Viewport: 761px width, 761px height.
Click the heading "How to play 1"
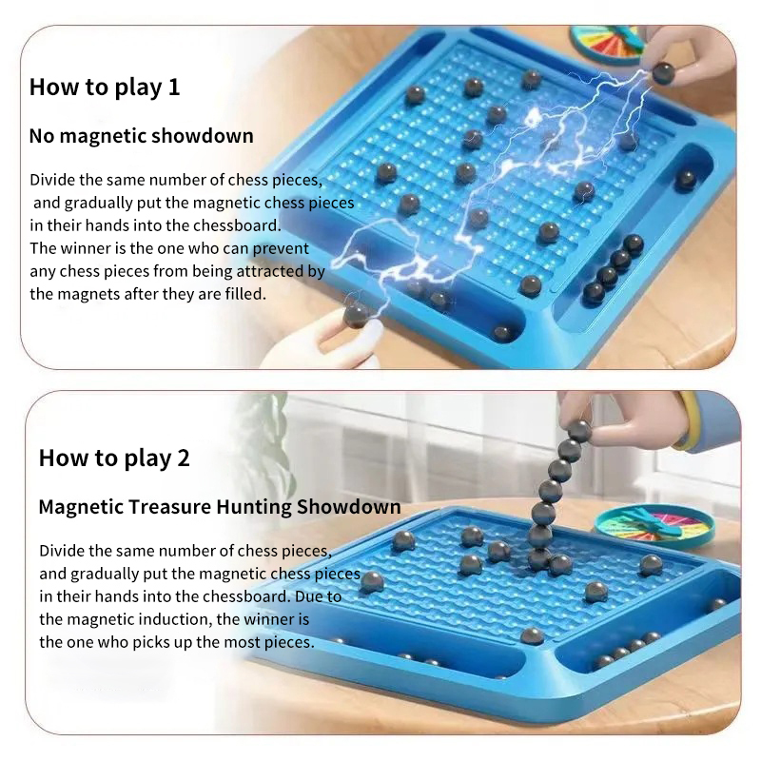pos(105,88)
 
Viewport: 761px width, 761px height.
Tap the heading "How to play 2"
pos(114,459)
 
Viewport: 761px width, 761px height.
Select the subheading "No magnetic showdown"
pos(141,136)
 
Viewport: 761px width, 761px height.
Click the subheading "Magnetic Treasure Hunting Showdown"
pos(220,507)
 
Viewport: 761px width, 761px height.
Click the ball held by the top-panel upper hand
pos(662,74)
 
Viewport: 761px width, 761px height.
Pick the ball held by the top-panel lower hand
pos(356,317)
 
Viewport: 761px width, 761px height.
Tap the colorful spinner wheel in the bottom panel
pos(654,527)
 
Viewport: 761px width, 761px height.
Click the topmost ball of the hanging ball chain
pos(579,431)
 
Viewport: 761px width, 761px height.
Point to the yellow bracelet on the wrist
pos(691,420)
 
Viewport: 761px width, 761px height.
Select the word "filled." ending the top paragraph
pos(245,294)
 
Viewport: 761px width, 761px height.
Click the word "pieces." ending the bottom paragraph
pos(289,643)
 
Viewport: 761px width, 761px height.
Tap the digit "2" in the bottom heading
pos(183,459)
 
